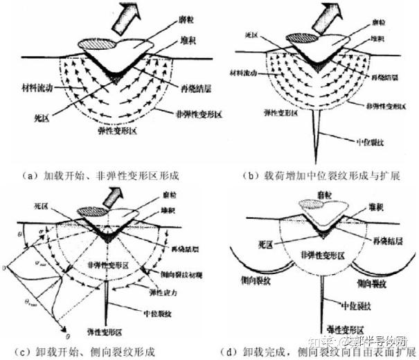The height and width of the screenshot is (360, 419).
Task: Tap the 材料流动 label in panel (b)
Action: [250, 71]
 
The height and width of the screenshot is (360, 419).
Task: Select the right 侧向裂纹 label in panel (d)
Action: [374, 284]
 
